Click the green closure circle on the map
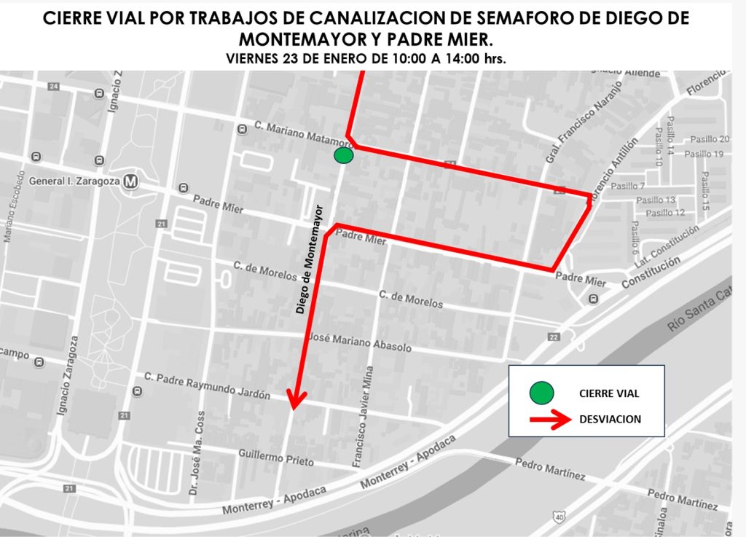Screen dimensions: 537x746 click(x=344, y=156)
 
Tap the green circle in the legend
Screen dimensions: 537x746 click(x=542, y=393)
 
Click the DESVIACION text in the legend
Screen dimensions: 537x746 click(x=610, y=419)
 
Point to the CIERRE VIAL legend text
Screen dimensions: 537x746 click(x=609, y=393)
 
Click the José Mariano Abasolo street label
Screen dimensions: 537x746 click(x=361, y=343)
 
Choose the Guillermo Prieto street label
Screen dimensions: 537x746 click(x=276, y=457)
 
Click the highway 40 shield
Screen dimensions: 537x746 click(x=558, y=516)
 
